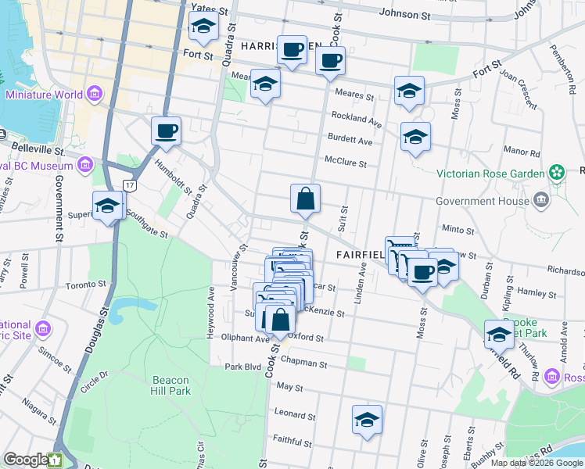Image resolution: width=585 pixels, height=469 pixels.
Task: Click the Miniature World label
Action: pyautogui.click(x=44, y=95)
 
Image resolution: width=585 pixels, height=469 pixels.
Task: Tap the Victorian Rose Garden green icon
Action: pyautogui.click(x=557, y=172)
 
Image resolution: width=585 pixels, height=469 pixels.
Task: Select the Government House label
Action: pyautogui.click(x=478, y=200)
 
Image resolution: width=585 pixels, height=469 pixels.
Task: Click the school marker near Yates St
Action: pyautogui.click(x=203, y=29)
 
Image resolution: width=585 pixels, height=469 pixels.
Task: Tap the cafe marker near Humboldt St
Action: pyautogui.click(x=166, y=131)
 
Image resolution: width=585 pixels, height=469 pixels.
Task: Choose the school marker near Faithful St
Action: pyautogui.click(x=367, y=420)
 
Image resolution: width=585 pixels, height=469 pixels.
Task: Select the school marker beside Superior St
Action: pyautogui.click(x=107, y=206)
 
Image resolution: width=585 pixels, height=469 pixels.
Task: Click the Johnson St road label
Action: pyautogui.click(x=404, y=14)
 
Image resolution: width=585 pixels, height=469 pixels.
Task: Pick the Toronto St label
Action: pyautogui.click(x=85, y=286)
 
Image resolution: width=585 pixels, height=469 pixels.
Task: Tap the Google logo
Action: pyautogui.click(x=27, y=460)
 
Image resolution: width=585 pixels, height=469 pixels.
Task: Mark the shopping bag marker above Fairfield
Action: pyautogui.click(x=305, y=200)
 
